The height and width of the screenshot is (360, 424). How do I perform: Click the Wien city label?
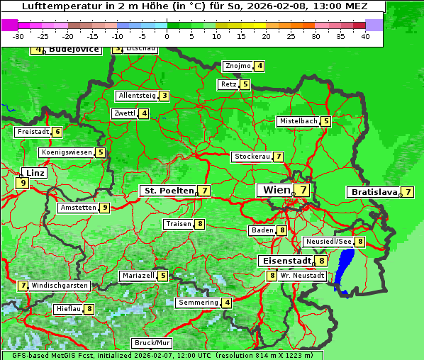pos(276,190)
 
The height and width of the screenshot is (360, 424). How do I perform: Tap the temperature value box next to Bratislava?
pos(408,192)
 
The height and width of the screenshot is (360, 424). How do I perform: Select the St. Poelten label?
pos(168,191)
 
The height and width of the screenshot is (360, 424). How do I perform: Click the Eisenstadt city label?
pos(284,261)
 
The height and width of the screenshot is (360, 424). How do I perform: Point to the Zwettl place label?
pos(124,113)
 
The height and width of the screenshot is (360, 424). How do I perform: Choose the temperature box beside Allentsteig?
pos(164,96)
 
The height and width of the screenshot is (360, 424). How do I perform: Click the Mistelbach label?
pos(298,121)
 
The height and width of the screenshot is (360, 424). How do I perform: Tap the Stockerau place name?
pos(252,157)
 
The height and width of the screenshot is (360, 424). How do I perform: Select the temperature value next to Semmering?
pos(226,303)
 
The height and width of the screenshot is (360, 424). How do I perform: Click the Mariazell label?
pos(138,276)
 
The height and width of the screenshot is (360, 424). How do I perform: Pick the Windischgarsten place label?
pos(60,286)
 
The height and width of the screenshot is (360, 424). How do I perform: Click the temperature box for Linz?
pos(23,183)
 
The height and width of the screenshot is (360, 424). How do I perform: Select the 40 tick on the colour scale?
pos(365,36)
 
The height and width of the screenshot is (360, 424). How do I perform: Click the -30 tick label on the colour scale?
pos(18,36)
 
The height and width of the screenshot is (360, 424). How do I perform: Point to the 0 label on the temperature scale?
pos(167,36)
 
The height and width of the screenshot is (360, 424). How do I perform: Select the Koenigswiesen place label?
pos(66,152)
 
